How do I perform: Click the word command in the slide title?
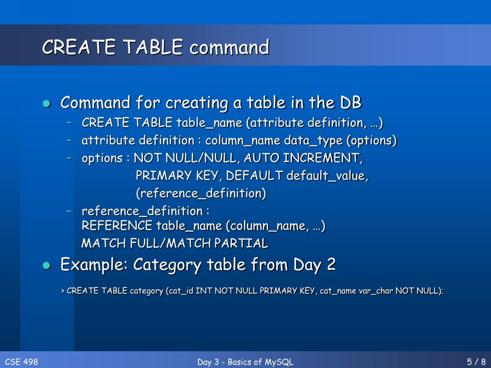(229, 47)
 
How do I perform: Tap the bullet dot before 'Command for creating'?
(46, 103)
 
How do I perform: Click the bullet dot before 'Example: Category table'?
(46, 265)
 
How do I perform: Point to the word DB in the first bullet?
(351, 103)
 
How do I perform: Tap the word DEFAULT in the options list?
(254, 176)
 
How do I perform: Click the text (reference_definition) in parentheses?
(200, 194)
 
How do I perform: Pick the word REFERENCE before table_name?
(117, 226)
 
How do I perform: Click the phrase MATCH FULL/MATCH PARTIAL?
(175, 243)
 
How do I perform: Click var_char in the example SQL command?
(375, 291)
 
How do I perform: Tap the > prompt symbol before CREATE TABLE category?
(63, 291)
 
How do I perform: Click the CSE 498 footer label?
(21, 362)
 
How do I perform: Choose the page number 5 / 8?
(476, 362)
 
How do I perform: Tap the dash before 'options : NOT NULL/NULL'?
(70, 158)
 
